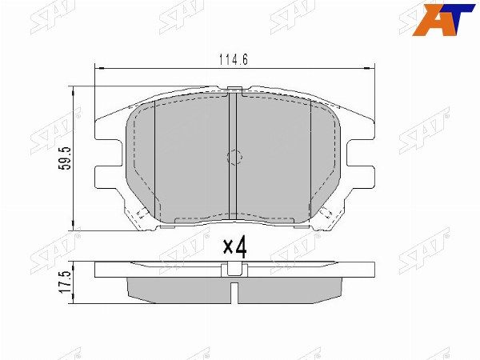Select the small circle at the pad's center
tap(234, 158)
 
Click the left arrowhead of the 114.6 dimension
tap(98, 69)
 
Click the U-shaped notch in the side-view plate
tap(234, 270)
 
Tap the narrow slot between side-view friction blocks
tap(234, 290)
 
